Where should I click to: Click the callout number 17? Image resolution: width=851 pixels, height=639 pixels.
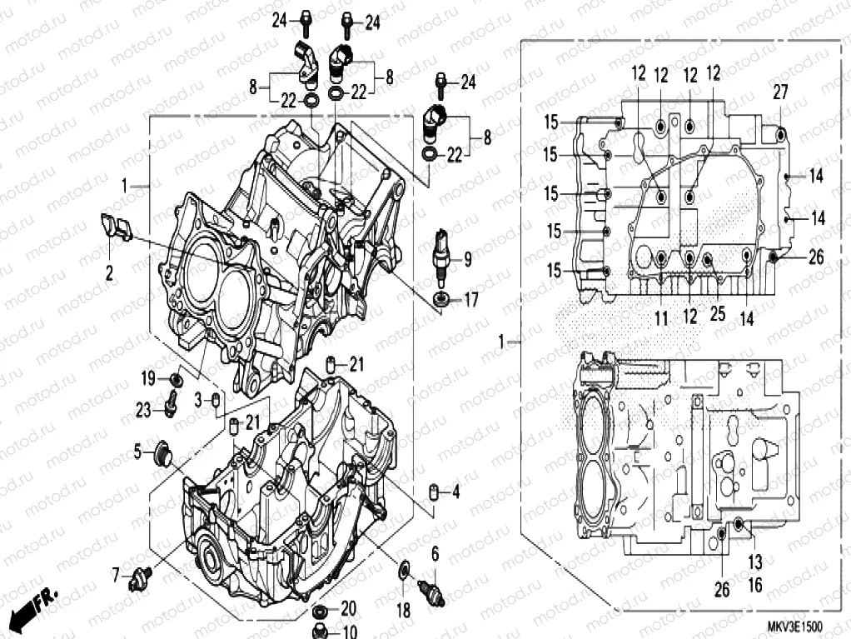(x=471, y=300)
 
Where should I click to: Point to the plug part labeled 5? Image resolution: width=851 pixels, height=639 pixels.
(x=162, y=454)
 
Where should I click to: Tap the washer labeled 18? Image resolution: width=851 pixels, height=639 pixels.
(x=403, y=571)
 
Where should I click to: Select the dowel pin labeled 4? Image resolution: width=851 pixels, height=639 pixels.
(x=433, y=492)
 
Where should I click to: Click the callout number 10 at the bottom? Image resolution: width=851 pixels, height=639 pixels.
(x=349, y=631)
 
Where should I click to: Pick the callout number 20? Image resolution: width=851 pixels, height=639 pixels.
(x=350, y=607)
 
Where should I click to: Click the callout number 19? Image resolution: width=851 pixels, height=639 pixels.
(x=148, y=379)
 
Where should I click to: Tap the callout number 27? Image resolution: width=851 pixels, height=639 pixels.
(x=779, y=93)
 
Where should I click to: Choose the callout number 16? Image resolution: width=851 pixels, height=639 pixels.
(x=754, y=586)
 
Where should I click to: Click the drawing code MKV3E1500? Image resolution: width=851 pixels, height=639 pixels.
(x=794, y=626)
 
